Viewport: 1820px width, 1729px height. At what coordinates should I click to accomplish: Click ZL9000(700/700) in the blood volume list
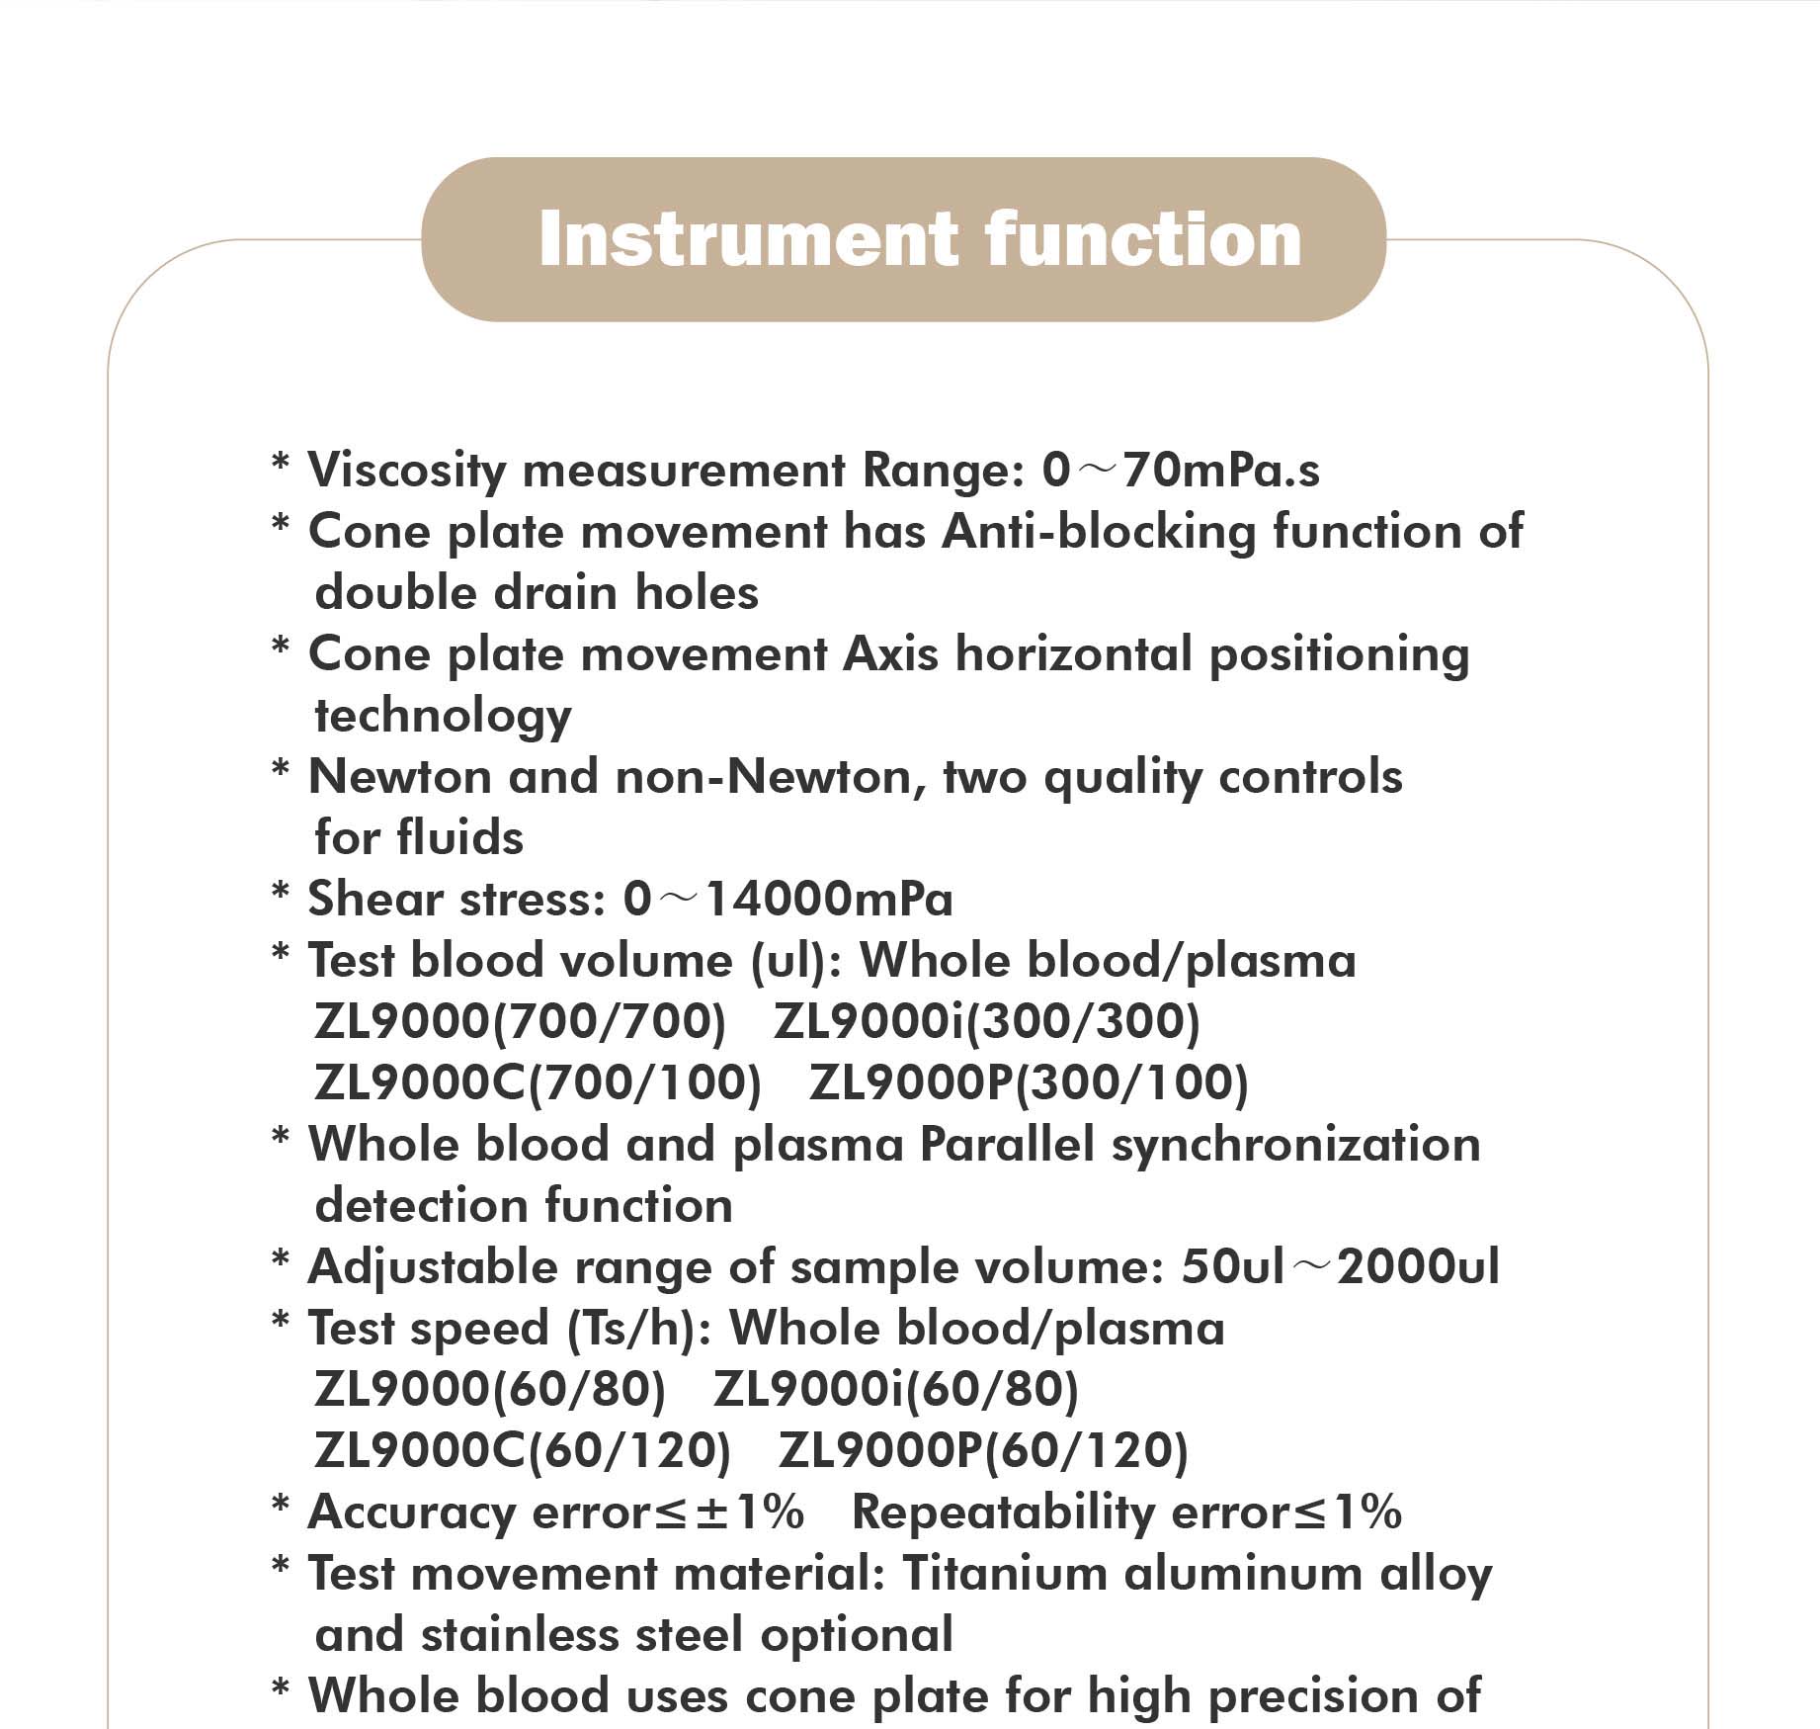click(x=520, y=1022)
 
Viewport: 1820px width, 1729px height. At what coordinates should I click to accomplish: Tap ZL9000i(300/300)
click(x=986, y=1022)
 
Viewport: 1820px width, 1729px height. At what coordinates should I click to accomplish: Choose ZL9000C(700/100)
click(x=538, y=1083)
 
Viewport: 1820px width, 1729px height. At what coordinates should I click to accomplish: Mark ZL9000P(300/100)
click(x=1029, y=1083)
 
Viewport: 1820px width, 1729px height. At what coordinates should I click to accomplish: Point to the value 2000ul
click(x=1418, y=1267)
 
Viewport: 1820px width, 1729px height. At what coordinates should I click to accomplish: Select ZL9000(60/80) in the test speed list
click(x=490, y=1390)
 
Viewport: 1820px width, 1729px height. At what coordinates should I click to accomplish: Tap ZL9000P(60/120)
click(x=983, y=1451)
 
